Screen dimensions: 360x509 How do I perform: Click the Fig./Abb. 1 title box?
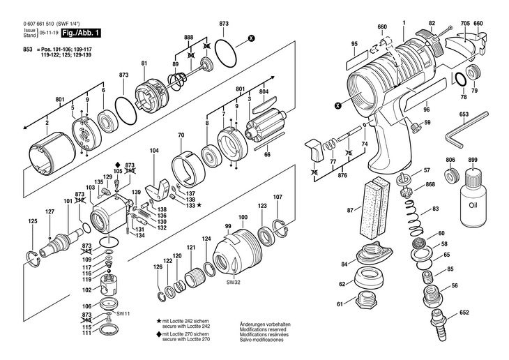point(81,33)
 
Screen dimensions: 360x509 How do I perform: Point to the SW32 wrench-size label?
point(232,283)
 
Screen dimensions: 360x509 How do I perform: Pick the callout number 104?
point(154,150)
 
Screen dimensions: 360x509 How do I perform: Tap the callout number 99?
point(228,227)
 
